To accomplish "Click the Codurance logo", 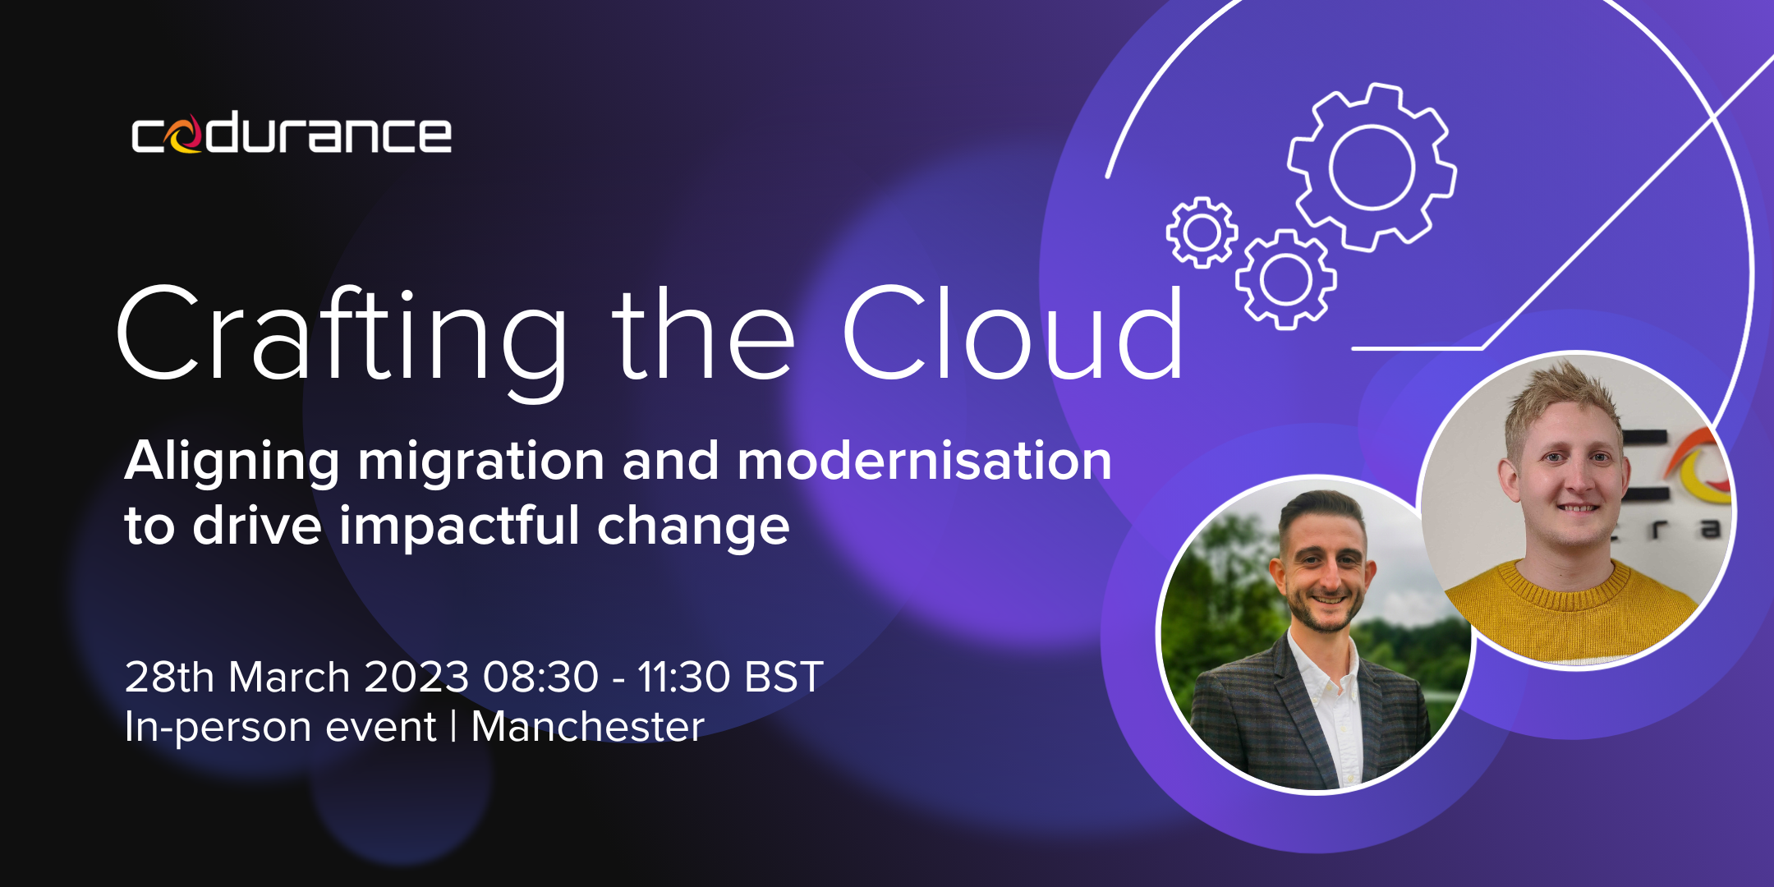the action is click(292, 134).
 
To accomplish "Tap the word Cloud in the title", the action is click(1013, 332).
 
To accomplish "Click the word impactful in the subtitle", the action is click(460, 528).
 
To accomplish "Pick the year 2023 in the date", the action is click(416, 678).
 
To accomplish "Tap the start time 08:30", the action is click(540, 678).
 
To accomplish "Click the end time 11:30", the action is click(683, 678).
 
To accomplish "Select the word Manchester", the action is click(588, 727).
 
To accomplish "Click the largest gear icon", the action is click(1372, 167).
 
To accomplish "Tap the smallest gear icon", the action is click(1202, 232).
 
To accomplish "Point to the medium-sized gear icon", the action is click(1286, 279).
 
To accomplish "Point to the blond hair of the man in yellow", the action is click(1556, 398).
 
